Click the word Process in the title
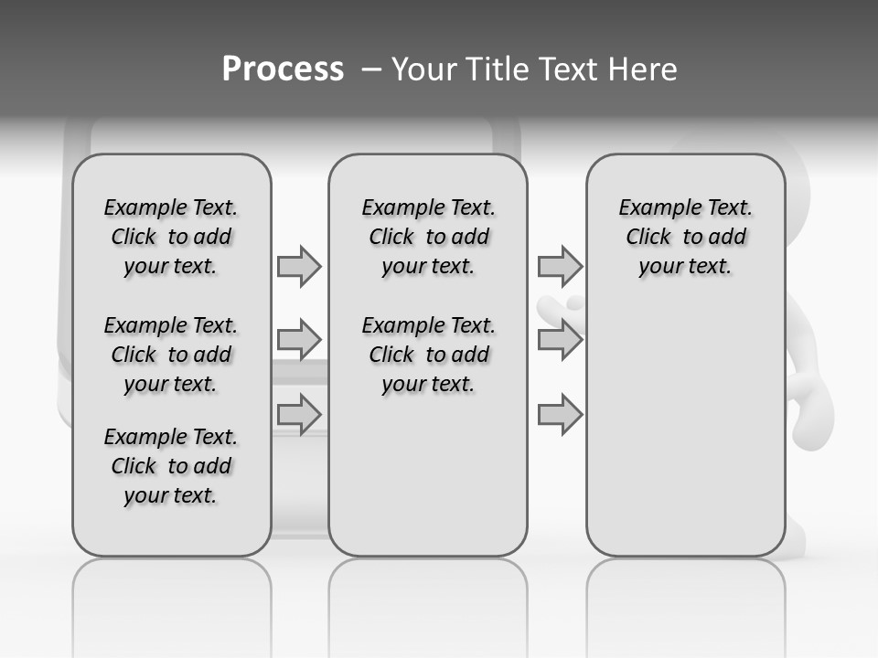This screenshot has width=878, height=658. coord(283,69)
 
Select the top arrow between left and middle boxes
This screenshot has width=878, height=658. coord(299,266)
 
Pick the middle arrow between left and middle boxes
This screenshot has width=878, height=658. coord(299,340)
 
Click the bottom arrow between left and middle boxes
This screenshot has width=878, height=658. coord(299,414)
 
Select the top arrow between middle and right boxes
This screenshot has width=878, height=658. coord(560,266)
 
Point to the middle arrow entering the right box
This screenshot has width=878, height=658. coord(560,340)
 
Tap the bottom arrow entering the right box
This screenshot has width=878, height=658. coord(560,416)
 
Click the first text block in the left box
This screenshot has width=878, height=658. coord(171,237)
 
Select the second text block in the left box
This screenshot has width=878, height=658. coord(171,355)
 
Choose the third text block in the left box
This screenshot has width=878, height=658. coord(171,466)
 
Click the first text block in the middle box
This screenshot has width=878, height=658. coord(428,237)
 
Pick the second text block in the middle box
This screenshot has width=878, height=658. coord(428,355)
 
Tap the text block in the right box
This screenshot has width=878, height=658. coord(686,237)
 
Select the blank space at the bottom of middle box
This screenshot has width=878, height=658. coord(428,484)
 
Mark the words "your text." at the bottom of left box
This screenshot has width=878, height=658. coord(171,495)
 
